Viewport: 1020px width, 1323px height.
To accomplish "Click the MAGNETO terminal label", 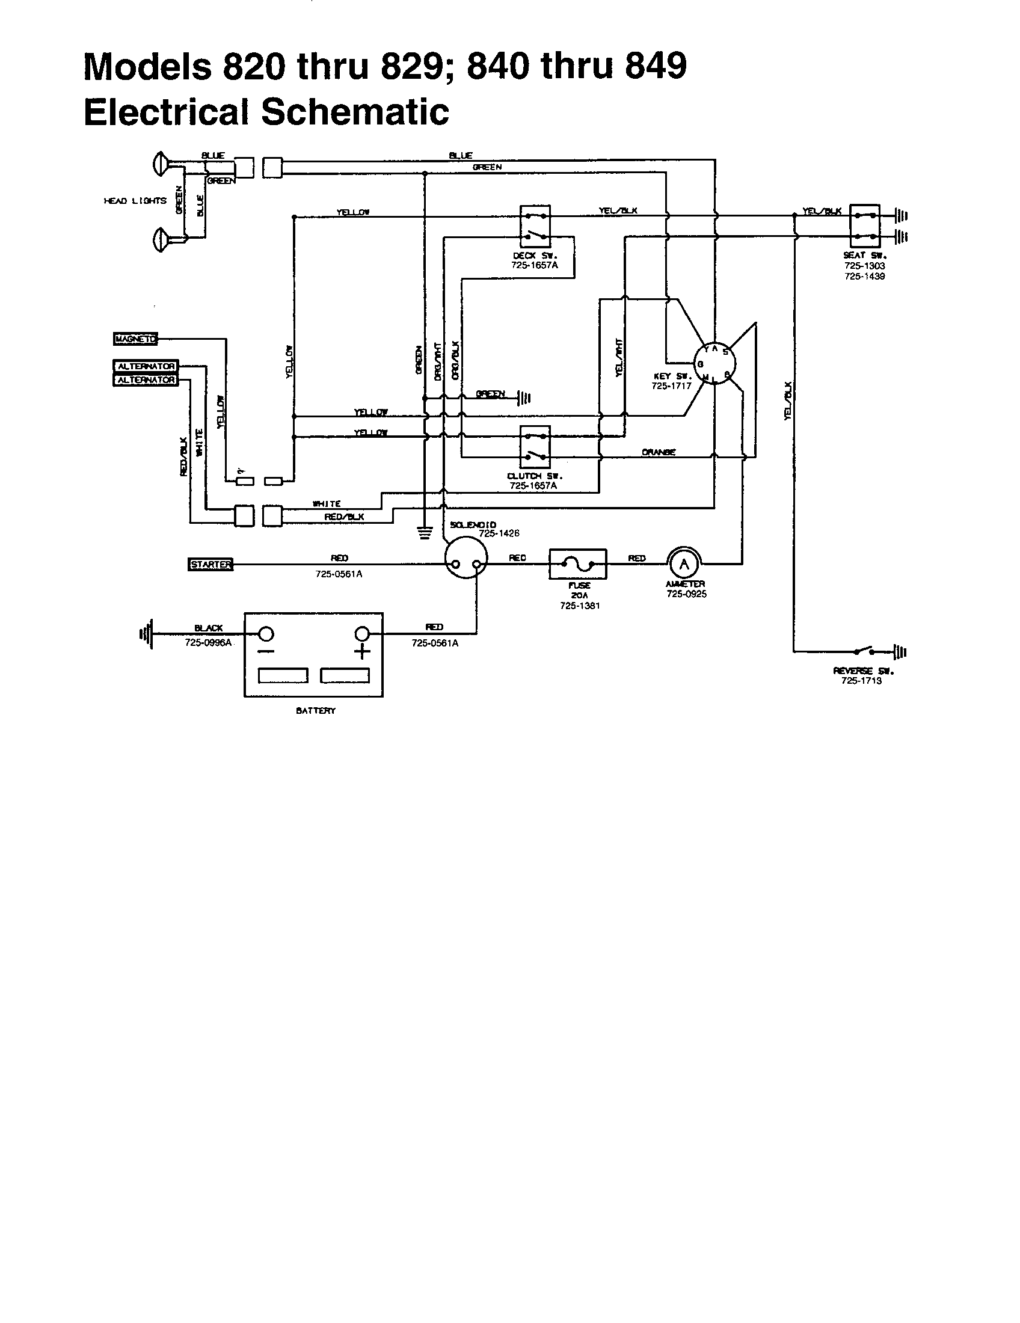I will pyautogui.click(x=135, y=339).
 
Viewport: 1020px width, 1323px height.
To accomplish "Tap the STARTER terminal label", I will pyautogui.click(x=210, y=565).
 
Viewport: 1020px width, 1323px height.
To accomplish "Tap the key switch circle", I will pyautogui.click(x=714, y=363).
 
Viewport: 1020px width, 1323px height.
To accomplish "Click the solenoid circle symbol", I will pyautogui.click(x=465, y=558).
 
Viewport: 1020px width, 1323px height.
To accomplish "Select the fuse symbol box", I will pyautogui.click(x=577, y=565).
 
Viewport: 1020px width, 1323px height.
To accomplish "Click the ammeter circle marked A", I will pyautogui.click(x=684, y=564).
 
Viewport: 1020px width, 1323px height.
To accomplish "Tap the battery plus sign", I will pyautogui.click(x=362, y=652).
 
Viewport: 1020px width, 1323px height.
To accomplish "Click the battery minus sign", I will pyautogui.click(x=266, y=652).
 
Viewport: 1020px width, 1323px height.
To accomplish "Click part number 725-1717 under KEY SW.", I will pyautogui.click(x=671, y=386).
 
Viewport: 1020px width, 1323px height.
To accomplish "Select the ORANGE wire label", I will pyautogui.click(x=659, y=452).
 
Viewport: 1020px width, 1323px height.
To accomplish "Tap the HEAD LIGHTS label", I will pyautogui.click(x=135, y=200).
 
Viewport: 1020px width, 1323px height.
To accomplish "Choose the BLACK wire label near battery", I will pyautogui.click(x=208, y=628).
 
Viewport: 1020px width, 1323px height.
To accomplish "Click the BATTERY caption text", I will pyautogui.click(x=315, y=711).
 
